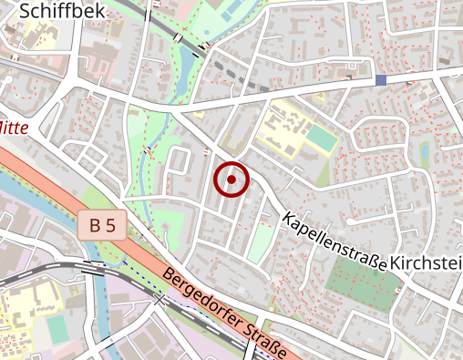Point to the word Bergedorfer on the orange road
tap(206, 300)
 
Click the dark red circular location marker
tap(231, 180)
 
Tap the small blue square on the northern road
tap(381, 80)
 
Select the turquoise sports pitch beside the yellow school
tap(320, 139)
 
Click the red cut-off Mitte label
tap(13, 129)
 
